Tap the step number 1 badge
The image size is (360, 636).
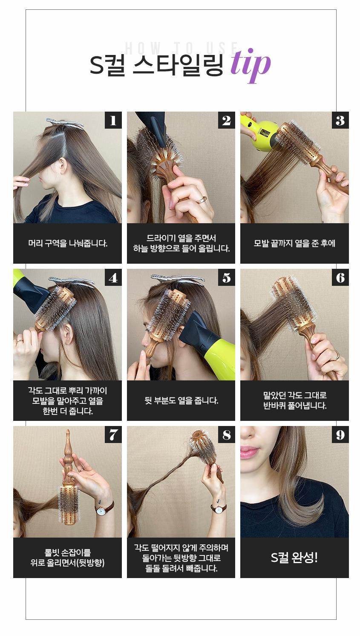pyautogui.click(x=113, y=120)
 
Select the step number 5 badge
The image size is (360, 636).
pyautogui.click(x=227, y=277)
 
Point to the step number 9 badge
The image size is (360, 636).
pyautogui.click(x=340, y=435)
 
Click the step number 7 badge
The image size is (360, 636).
pyautogui.click(x=113, y=435)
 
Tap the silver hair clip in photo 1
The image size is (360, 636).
pyautogui.click(x=65, y=123)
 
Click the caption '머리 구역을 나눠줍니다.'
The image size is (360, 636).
pyautogui.click(x=68, y=243)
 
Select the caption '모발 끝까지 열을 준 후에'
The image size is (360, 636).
pyautogui.click(x=294, y=243)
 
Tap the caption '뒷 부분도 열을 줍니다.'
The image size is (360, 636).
pyautogui.click(x=181, y=400)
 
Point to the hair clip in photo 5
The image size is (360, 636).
pyautogui.click(x=178, y=279)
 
